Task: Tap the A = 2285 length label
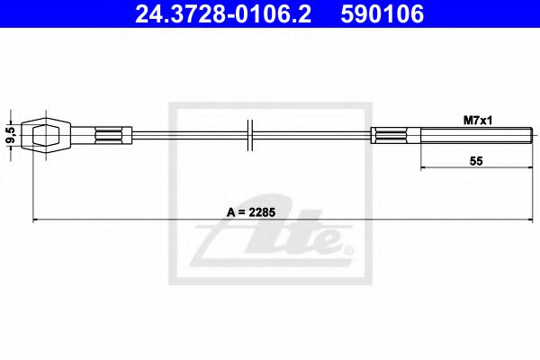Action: [250, 212]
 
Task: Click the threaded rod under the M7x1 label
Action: [454, 136]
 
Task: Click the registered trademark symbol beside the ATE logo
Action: [348, 249]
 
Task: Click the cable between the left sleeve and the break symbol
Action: [189, 136]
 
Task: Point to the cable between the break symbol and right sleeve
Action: [315, 136]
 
